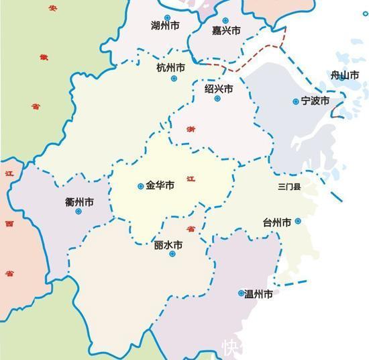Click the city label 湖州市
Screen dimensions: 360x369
(x=166, y=27)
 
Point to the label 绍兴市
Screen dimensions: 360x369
(x=219, y=88)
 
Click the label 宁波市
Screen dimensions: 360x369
(x=315, y=101)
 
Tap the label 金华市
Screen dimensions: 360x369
(x=160, y=185)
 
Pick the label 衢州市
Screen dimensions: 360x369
(x=79, y=201)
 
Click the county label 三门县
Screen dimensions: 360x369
(x=290, y=186)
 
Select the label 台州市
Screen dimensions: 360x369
(x=277, y=222)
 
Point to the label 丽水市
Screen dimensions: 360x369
(x=168, y=246)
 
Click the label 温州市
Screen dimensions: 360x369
(x=259, y=294)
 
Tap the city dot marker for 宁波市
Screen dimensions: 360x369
(x=295, y=102)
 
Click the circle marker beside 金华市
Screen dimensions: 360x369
(x=140, y=186)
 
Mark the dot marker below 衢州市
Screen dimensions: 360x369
(x=78, y=212)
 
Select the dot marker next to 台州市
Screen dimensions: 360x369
(x=298, y=221)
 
